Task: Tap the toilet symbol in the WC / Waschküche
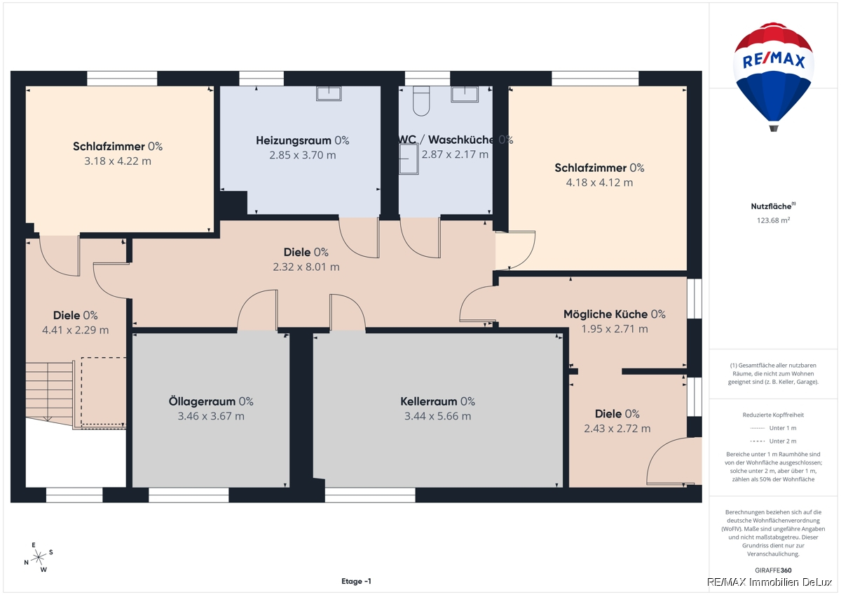pyautogui.click(x=421, y=101)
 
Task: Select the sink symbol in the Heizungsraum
pyautogui.click(x=329, y=93)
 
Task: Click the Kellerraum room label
pyautogui.click(x=437, y=401)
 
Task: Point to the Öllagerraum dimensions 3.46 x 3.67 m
pyautogui.click(x=211, y=416)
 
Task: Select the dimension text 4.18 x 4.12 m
pyautogui.click(x=599, y=182)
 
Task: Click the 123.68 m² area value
pyautogui.click(x=773, y=220)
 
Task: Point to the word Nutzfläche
pyautogui.click(x=771, y=206)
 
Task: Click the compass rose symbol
pyautogui.click(x=39, y=557)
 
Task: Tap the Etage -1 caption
pyautogui.click(x=356, y=581)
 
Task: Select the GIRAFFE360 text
pyautogui.click(x=773, y=570)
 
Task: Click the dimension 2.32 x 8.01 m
pyautogui.click(x=306, y=267)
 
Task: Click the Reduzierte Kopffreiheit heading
pyautogui.click(x=773, y=415)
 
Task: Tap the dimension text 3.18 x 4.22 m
pyautogui.click(x=118, y=161)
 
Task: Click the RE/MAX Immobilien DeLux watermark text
pyautogui.click(x=770, y=582)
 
